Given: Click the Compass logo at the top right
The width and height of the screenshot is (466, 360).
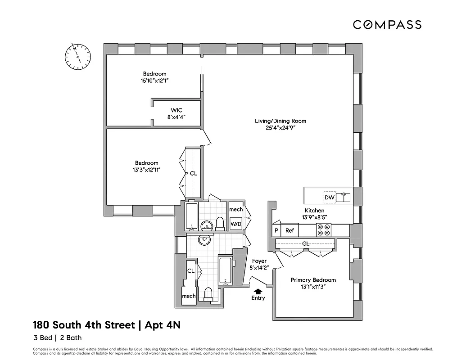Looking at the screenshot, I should [387, 25].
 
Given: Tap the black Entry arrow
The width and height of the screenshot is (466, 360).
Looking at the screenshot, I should [258, 291].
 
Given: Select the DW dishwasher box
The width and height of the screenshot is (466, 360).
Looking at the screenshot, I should [329, 197].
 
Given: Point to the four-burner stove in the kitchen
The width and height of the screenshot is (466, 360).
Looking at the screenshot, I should [323, 230].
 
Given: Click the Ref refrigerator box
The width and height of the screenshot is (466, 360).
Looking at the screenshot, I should [290, 230].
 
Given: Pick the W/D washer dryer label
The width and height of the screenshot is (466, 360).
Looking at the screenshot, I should [236, 224].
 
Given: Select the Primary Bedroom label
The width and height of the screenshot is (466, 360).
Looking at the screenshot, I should [313, 280].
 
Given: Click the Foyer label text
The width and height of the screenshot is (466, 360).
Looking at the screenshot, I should [259, 261].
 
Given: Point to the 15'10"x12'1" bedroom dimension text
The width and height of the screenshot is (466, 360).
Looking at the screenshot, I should [154, 81].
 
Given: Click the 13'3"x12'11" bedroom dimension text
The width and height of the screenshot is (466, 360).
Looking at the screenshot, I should [147, 170].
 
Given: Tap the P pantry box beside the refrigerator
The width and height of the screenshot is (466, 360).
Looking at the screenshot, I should [276, 230].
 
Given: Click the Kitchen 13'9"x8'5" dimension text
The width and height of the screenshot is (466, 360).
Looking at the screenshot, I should [315, 217].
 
